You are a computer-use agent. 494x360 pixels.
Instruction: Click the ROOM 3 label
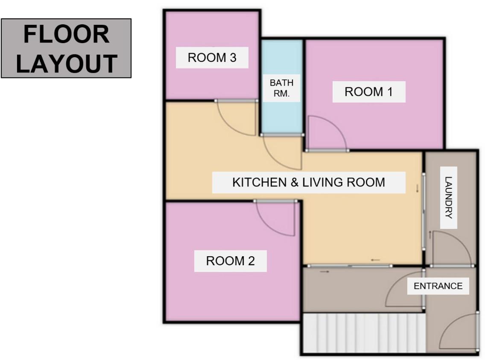212,58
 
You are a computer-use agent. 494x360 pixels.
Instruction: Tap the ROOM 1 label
368,92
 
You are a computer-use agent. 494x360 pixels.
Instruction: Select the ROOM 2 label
230,261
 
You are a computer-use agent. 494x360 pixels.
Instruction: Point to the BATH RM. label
282,88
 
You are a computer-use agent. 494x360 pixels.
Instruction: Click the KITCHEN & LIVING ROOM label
309,182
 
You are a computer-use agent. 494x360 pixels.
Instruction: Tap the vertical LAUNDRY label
448,197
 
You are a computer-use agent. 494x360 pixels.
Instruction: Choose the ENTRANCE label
438,286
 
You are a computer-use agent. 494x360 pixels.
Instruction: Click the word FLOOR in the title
67,34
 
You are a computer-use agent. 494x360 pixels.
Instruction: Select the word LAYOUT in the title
67,63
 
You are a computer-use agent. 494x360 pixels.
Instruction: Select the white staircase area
364,333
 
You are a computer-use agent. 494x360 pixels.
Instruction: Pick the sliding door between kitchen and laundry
424,211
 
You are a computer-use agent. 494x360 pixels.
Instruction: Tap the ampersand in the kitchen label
295,182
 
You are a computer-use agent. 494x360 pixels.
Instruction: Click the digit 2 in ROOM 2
251,261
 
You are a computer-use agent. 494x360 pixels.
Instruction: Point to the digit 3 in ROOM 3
233,58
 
